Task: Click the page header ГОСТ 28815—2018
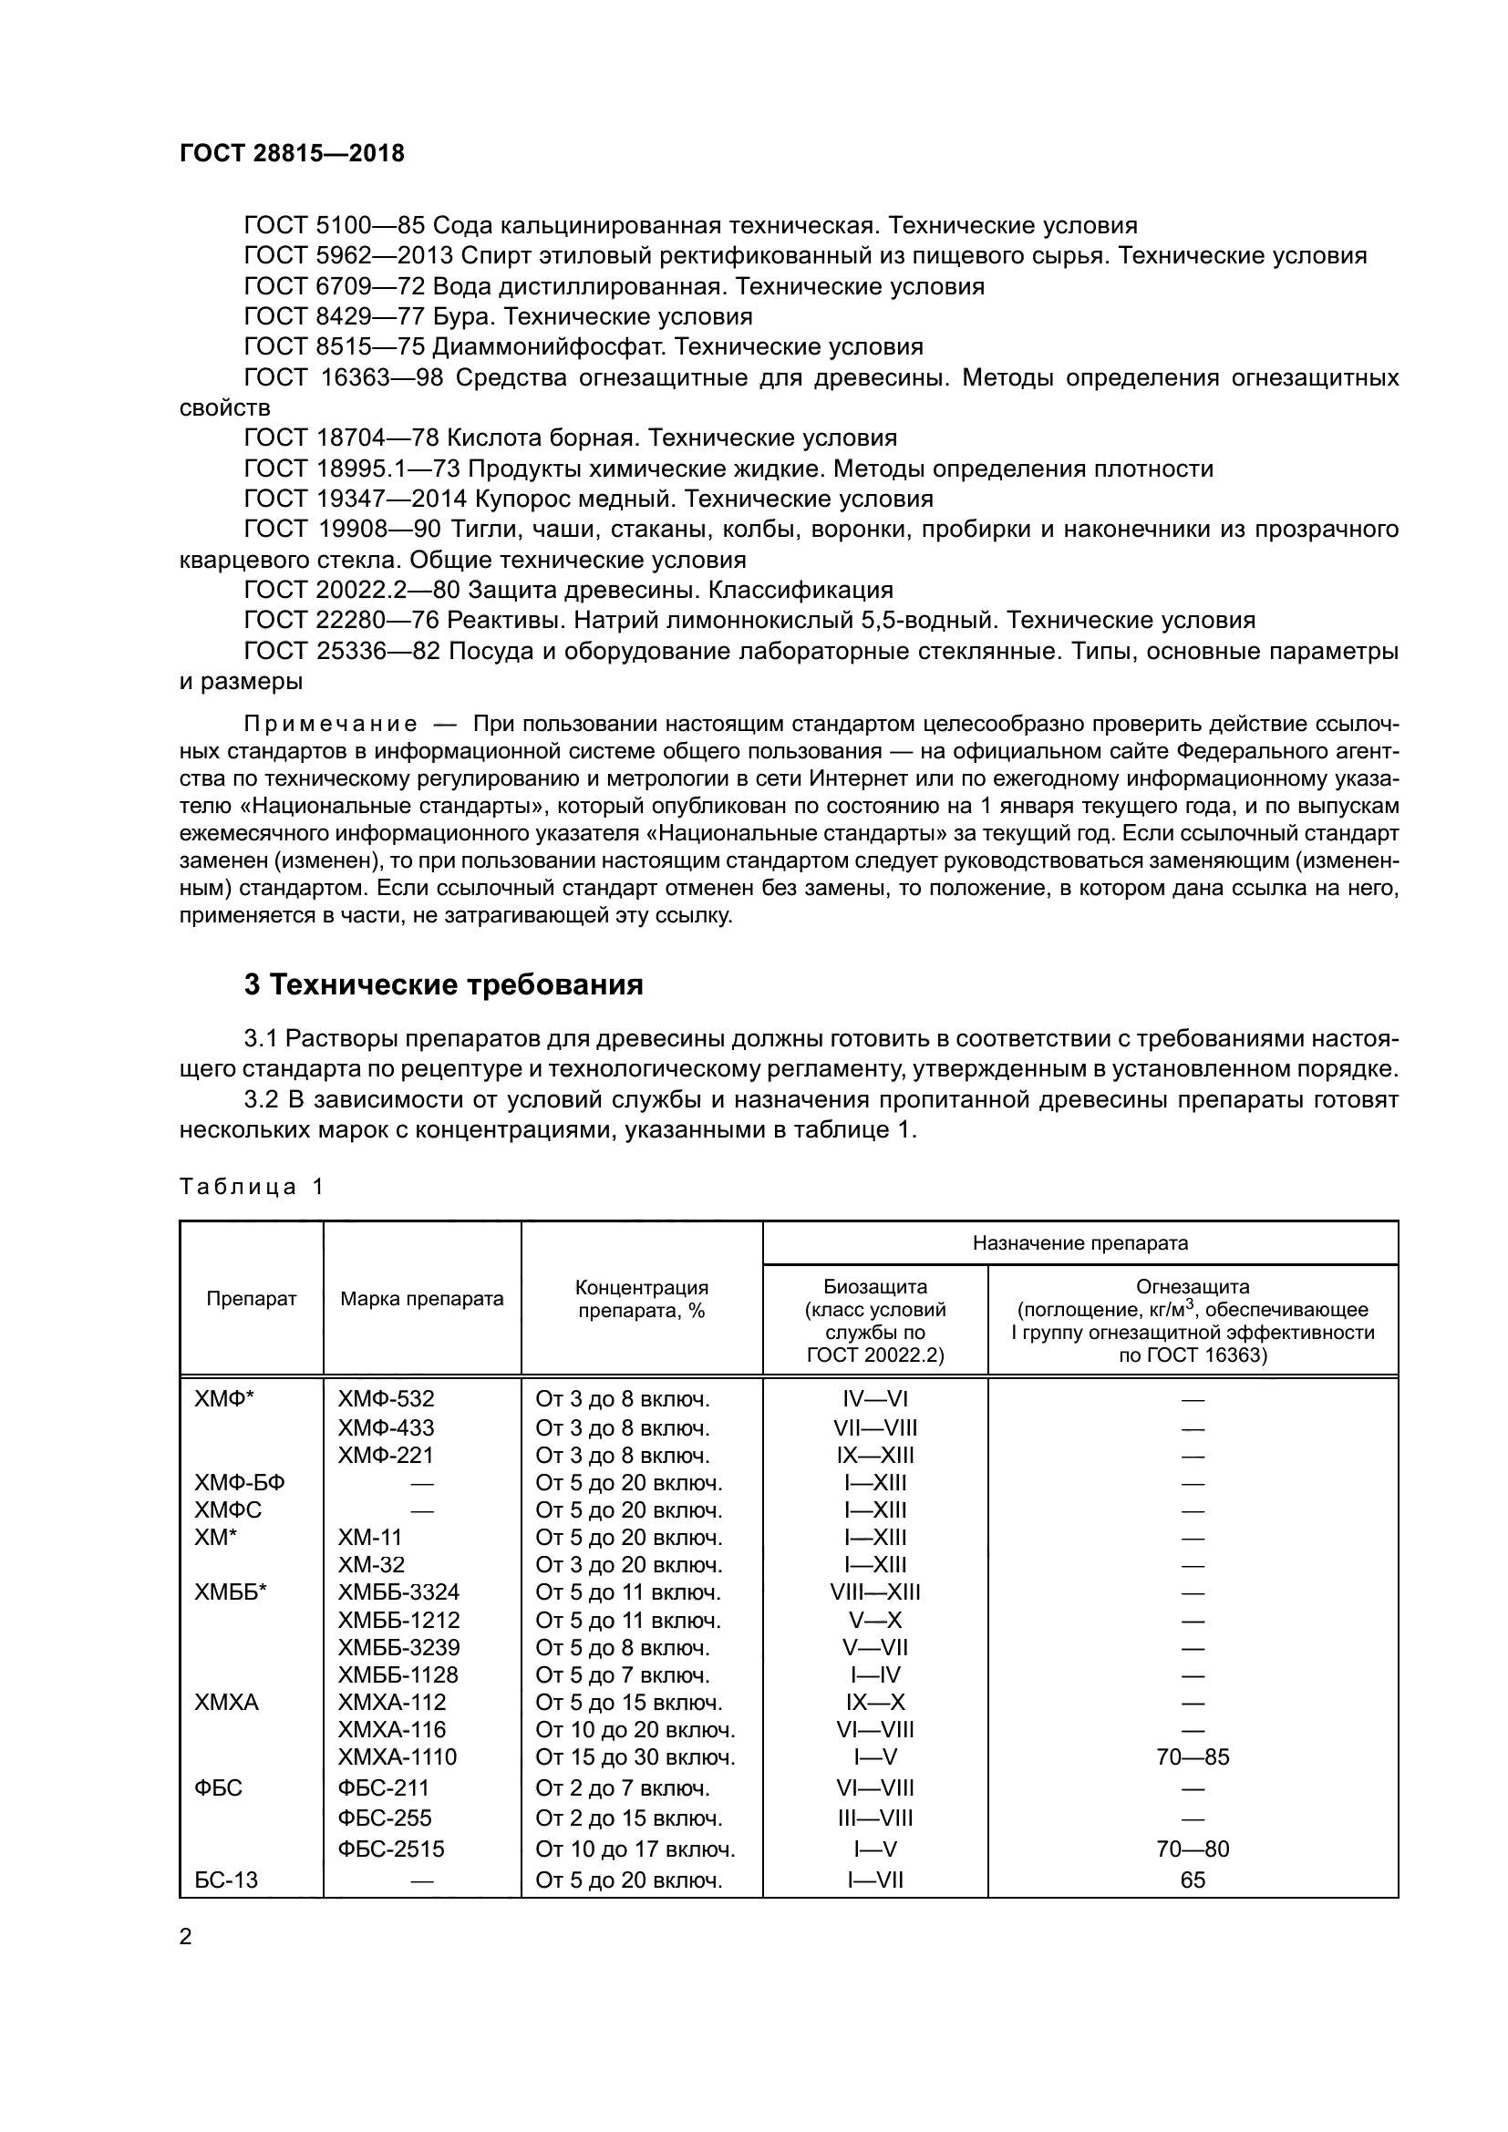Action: pyautogui.click(x=292, y=153)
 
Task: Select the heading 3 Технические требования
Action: pyautogui.click(x=443, y=985)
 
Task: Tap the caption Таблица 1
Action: pyautogui.click(x=251, y=1187)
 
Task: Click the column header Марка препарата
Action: pyautogui.click(x=421, y=1299)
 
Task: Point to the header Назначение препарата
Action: pyautogui.click(x=1079, y=1243)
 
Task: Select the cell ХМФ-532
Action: pyautogui.click(x=387, y=1399)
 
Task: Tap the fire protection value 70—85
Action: pyautogui.click(x=1193, y=1757)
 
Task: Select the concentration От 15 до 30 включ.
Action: pyautogui.click(x=635, y=1757)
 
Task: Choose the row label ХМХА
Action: pyautogui.click(x=227, y=1703)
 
